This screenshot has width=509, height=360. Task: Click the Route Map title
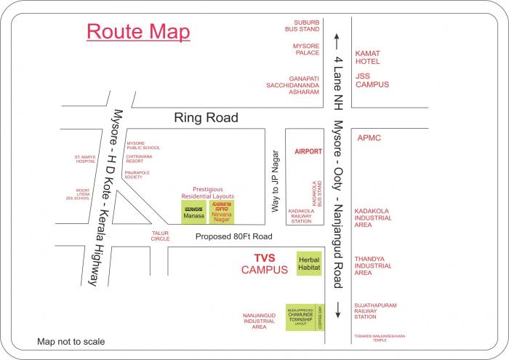138,32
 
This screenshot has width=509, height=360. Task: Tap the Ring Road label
206,118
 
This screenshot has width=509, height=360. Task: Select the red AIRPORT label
308,152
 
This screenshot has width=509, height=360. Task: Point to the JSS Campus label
372,79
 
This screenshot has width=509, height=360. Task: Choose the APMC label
369,137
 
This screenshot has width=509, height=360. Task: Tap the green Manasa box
194,212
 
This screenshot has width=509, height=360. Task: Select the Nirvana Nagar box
222,212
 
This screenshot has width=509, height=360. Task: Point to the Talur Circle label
160,236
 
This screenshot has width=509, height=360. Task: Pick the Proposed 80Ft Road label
233,237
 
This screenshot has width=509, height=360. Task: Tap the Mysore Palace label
305,49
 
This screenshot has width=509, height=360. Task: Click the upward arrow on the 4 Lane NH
337,39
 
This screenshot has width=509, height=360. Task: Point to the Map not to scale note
71,341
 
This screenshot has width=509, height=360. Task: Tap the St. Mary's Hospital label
85,159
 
